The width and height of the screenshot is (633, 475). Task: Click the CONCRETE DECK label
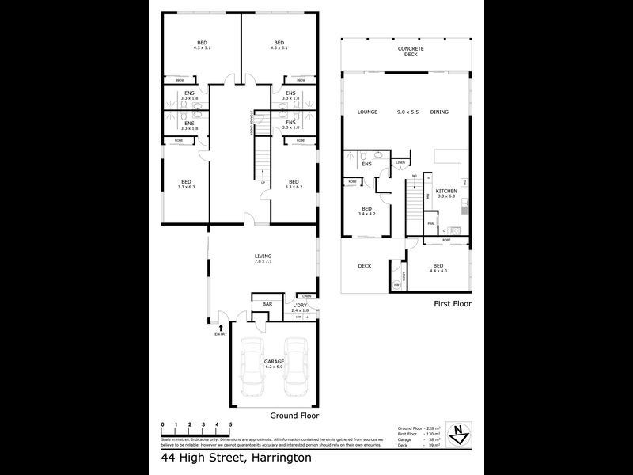click(x=411, y=52)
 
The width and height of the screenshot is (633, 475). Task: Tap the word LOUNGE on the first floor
click(x=366, y=112)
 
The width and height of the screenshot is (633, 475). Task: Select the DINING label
click(x=439, y=112)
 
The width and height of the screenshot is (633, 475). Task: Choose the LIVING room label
click(x=263, y=256)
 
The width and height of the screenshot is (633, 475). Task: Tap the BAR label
click(x=267, y=304)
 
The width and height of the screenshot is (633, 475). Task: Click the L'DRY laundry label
click(x=299, y=306)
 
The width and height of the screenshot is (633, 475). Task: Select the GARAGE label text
click(x=275, y=362)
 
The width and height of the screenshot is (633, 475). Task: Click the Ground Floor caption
click(x=295, y=415)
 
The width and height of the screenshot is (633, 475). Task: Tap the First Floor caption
click(x=453, y=303)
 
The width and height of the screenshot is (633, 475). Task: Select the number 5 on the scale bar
click(x=229, y=425)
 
